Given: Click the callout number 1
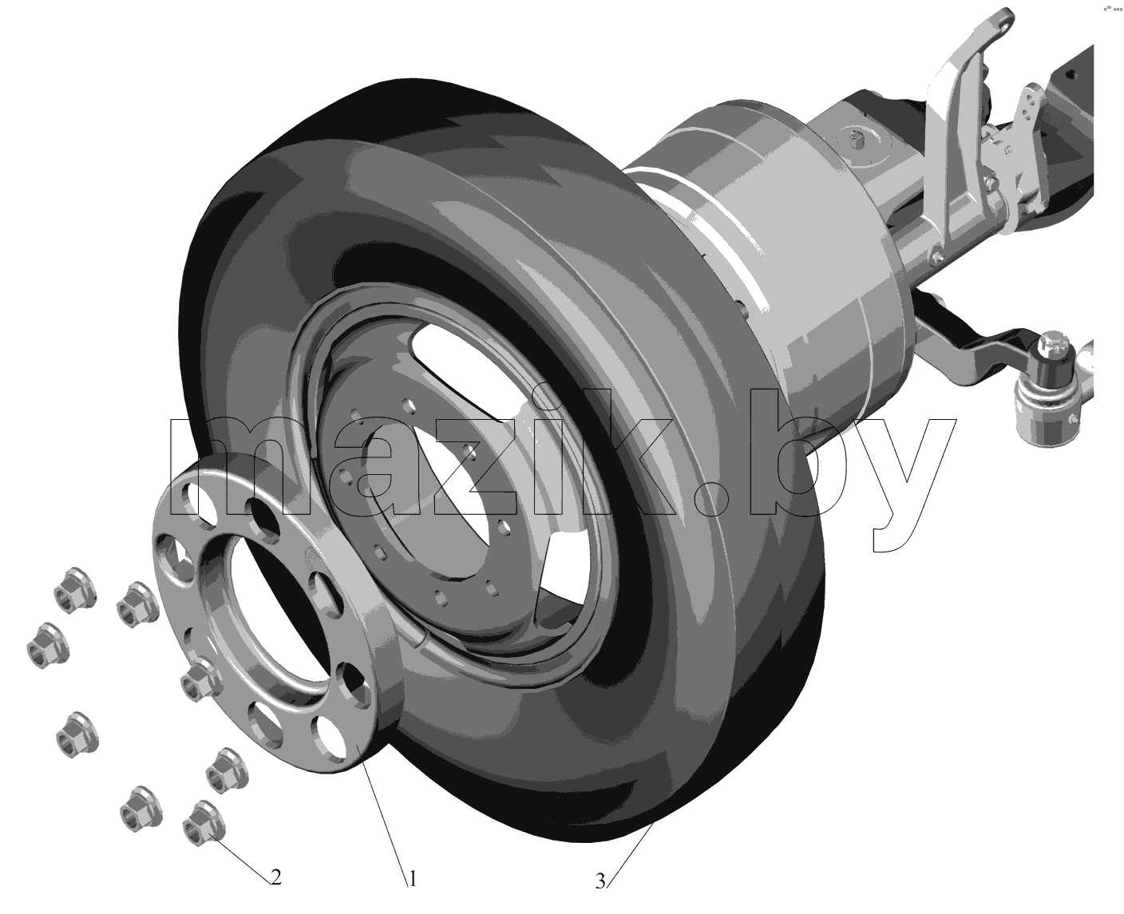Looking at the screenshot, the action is point(413,879).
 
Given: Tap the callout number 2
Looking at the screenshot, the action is point(276,876).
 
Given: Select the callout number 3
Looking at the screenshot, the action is point(600,881).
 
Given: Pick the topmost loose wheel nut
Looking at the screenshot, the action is point(76,590).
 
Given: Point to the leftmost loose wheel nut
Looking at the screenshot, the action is point(48,646).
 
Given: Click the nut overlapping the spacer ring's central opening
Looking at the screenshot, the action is point(201,680).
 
